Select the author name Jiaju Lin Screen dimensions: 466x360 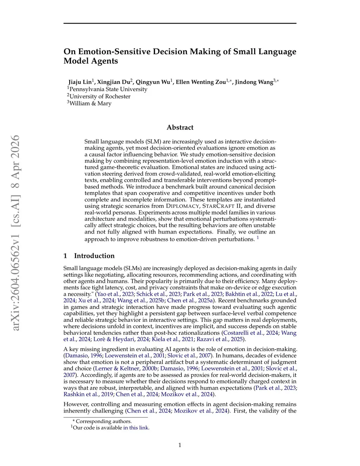[x=80, y=82]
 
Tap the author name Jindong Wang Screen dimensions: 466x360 [x=254, y=82]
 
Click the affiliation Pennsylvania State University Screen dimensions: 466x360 [x=108, y=89]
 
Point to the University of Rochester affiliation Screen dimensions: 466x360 [x=100, y=96]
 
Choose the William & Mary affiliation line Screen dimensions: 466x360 [x=90, y=103]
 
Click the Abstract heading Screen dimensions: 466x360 [x=180, y=127]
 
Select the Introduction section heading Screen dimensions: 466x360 [x=94, y=256]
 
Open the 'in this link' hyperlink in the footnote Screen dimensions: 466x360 [x=136, y=428]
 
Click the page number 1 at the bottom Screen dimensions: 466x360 [x=180, y=445]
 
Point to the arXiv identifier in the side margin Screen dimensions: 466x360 [x=16, y=232]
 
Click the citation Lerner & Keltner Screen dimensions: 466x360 [x=117, y=369]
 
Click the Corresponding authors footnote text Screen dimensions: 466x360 [x=104, y=421]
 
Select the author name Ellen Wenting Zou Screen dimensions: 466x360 [x=201, y=82]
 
